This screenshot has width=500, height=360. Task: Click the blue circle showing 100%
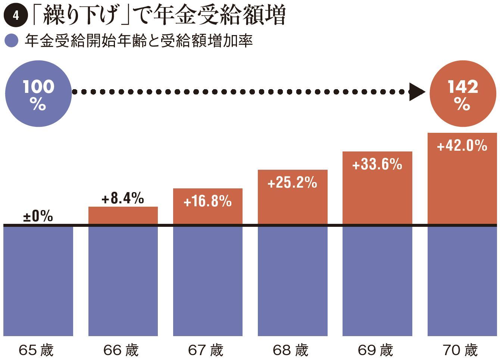coord(38,94)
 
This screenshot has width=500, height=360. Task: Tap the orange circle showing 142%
coord(463,94)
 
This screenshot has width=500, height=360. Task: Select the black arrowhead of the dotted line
coord(416,91)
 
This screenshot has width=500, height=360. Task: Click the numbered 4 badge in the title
coord(15,16)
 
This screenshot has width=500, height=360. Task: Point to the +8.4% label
coord(123,198)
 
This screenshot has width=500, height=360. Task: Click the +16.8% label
coord(207,201)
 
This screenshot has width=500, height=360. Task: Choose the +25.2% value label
coord(292,183)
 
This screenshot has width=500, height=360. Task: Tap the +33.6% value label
coord(377,165)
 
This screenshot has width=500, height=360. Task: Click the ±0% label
coord(38,216)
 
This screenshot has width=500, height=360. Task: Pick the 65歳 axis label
coord(36,350)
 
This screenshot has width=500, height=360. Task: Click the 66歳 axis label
coord(121,350)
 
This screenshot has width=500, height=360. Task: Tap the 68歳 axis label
coord(291,350)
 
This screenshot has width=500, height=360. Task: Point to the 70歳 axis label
coord(460,350)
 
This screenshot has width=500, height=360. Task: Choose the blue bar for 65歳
coord(38,281)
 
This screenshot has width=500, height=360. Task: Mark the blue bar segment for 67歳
coord(207,281)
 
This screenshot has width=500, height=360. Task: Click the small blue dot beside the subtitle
coord(12,41)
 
